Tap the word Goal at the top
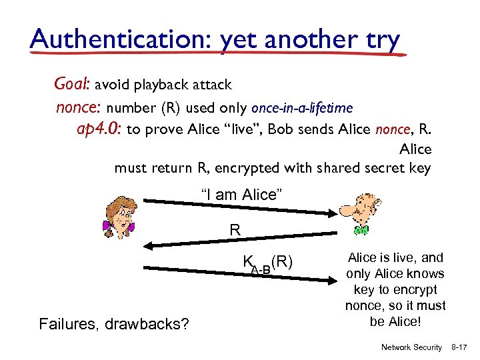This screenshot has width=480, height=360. [72, 85]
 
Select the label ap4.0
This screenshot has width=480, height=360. [99, 129]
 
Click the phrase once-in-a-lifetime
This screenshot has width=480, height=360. [302, 107]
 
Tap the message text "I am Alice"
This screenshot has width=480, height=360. [243, 195]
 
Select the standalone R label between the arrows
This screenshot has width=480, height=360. [235, 230]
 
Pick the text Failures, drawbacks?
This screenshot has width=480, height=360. [114, 325]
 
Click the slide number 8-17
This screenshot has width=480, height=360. [461, 347]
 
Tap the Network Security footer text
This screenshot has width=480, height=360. [411, 347]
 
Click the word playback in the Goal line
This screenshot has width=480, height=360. [161, 85]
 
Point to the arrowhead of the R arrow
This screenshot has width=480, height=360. [153, 247]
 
